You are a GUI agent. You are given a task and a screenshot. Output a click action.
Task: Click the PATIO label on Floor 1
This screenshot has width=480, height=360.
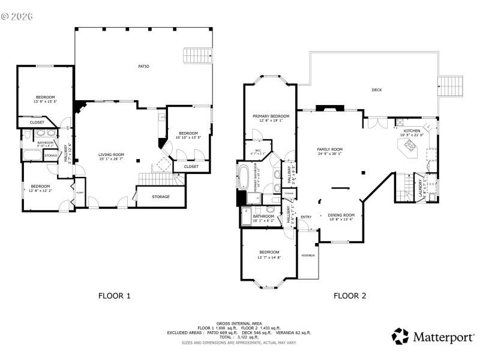coord(143,66)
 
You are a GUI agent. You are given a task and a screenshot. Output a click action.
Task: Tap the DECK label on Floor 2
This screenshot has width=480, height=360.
coord(376,90)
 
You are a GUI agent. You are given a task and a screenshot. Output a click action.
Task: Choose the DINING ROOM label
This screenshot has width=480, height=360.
coord(341,216)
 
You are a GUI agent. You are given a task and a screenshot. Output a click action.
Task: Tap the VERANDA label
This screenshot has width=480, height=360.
coord(308,255)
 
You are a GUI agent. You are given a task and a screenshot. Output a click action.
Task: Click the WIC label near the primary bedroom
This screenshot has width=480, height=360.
coord(258,151)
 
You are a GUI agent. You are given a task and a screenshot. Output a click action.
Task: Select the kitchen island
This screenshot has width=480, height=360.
coord(409,148)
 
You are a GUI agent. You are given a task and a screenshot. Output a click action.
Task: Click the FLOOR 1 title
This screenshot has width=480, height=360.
coord(114,295)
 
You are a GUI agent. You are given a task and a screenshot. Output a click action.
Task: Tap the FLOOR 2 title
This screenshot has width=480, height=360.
coord(350,295)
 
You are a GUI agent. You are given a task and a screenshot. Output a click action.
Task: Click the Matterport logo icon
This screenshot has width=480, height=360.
coord(400,336)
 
